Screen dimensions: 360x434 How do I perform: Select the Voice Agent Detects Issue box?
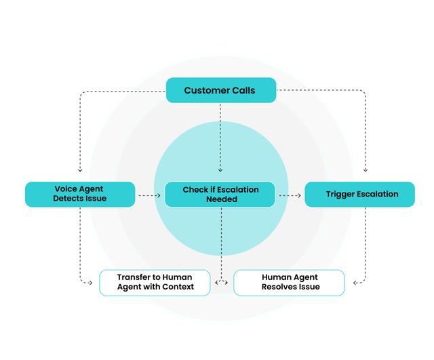(80, 194)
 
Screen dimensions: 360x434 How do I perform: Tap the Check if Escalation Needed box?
(220, 194)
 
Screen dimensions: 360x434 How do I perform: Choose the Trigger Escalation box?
(360, 194)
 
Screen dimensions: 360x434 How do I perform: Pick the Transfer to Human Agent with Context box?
(155, 282)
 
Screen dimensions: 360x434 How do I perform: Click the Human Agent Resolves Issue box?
(290, 282)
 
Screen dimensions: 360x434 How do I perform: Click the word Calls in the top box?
(243, 90)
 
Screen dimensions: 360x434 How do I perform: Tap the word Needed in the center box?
(221, 199)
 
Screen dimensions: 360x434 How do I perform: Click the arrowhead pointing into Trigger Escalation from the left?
(299, 195)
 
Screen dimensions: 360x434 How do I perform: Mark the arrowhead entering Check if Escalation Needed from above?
(220, 170)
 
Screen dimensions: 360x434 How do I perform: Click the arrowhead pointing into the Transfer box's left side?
(91, 282)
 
